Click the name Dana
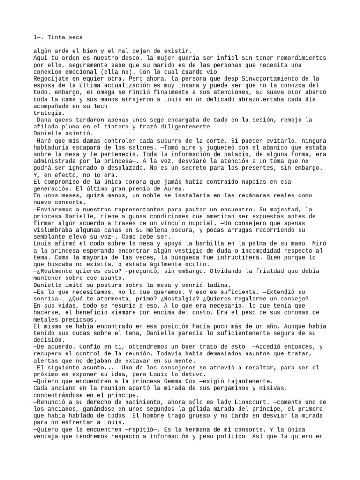tap(44, 120)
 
